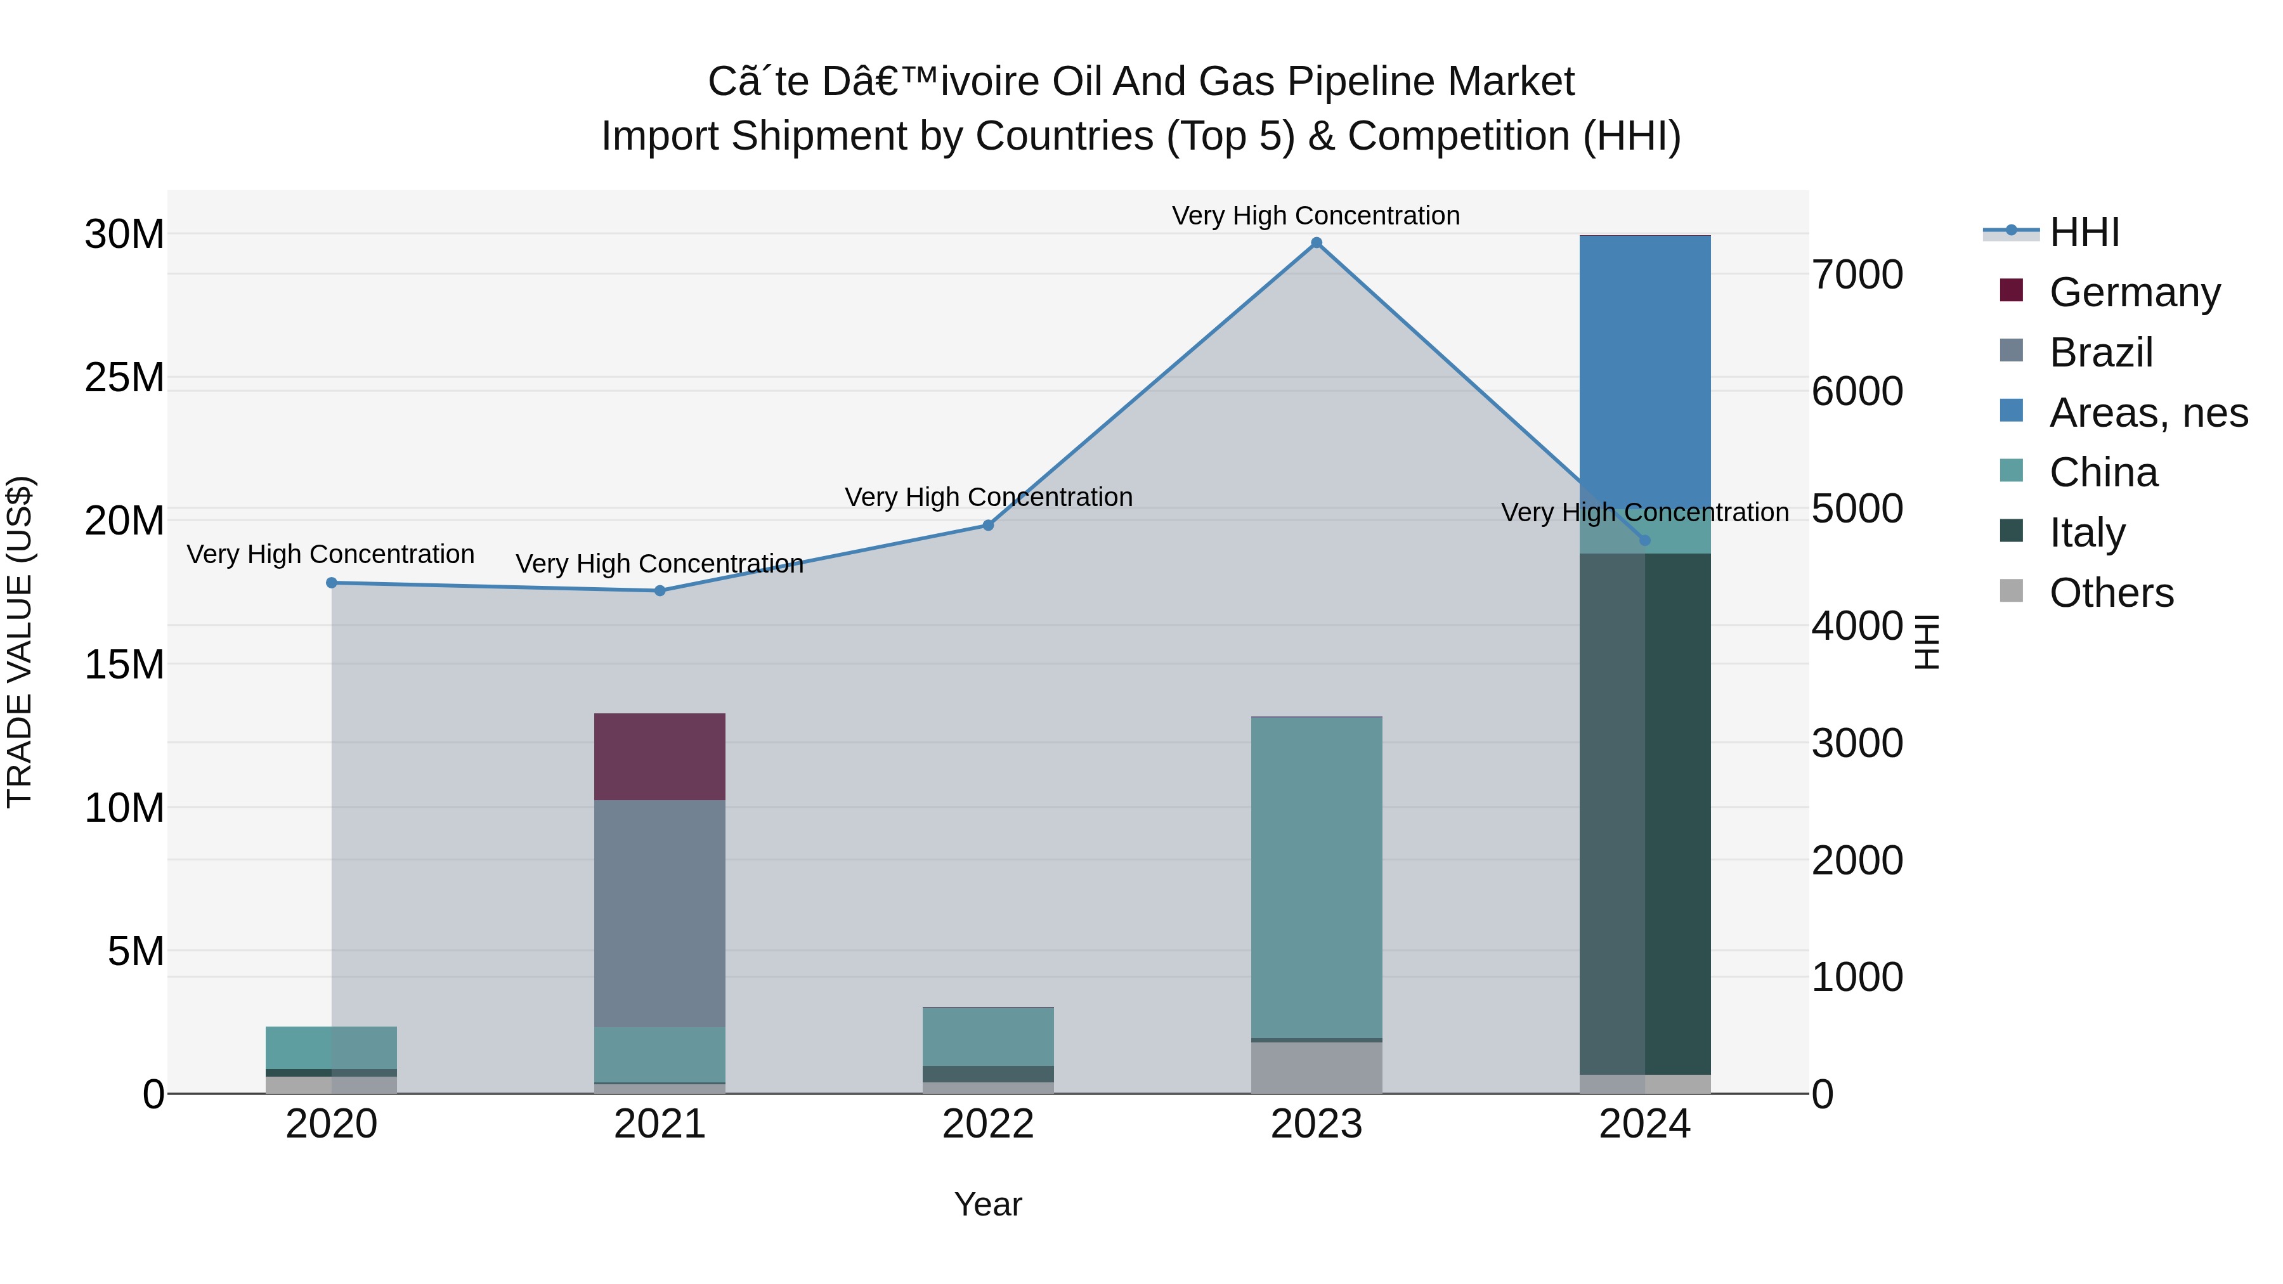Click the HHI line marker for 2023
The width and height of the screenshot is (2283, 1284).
point(1316,243)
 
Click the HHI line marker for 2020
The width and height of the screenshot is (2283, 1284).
point(332,583)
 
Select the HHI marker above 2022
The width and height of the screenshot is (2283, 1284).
point(988,526)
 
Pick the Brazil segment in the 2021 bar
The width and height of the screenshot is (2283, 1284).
point(660,912)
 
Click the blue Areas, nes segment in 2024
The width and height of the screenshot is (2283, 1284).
point(1645,372)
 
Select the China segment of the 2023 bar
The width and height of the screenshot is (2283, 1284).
point(1316,878)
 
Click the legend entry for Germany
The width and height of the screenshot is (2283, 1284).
point(2134,292)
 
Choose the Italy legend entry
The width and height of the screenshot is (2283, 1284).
point(2086,533)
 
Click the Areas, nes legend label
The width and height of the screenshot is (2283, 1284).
point(2149,413)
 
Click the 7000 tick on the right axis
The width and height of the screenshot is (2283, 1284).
point(1857,275)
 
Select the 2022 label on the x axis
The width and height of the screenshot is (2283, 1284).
point(988,1124)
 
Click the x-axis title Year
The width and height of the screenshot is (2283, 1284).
point(988,1204)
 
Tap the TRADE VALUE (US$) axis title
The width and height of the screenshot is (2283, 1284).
point(20,642)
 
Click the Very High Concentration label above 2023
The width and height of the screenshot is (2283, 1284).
point(1316,216)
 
